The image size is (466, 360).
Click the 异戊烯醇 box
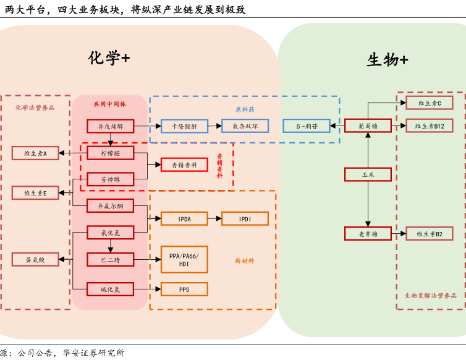111,126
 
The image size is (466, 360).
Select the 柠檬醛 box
111,152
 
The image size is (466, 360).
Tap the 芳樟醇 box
111,179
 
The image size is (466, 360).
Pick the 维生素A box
35,153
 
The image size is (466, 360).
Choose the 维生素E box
35,193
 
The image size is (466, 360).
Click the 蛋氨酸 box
35,259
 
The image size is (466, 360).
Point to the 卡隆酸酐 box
184,126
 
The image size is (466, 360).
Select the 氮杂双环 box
245,126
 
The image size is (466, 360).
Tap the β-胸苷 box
306,126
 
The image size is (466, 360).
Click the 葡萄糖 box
368,126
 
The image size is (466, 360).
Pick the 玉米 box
368,174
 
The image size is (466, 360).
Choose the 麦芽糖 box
368,234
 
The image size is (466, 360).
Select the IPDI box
245,218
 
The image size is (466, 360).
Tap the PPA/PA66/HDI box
184,259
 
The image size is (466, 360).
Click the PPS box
184,289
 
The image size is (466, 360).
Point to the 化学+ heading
109,58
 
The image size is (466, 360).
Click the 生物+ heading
388,60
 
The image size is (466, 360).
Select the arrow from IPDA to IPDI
214,218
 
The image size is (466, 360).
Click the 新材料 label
245,260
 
